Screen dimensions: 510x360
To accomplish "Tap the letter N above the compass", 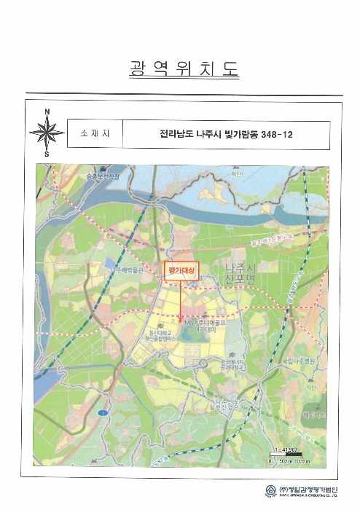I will [x=47, y=111].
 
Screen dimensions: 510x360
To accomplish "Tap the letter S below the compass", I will [x=47, y=154].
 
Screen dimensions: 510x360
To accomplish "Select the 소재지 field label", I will [x=94, y=135].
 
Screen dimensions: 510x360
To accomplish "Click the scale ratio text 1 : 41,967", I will [x=288, y=451].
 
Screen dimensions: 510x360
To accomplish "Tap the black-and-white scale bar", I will [x=289, y=457].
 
